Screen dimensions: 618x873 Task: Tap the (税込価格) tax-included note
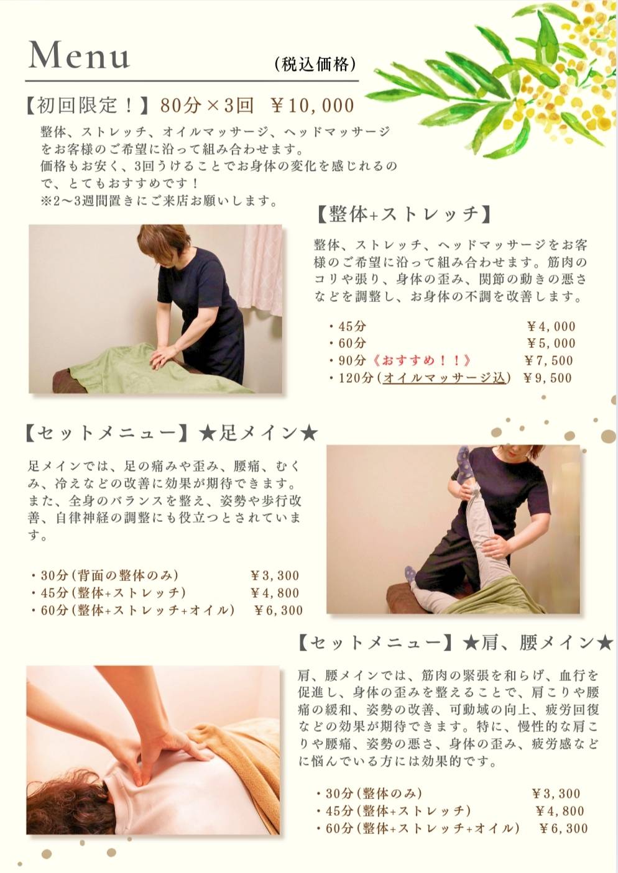(315, 64)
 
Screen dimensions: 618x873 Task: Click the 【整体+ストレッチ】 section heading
(404, 214)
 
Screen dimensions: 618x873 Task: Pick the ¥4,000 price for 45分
(551, 327)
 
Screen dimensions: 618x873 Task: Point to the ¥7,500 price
(549, 360)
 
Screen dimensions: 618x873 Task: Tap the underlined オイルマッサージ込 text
(444, 378)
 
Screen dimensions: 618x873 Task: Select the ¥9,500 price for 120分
(547, 378)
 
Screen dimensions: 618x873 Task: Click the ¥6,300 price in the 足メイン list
(279, 610)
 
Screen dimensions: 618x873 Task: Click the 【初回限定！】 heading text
(87, 106)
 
